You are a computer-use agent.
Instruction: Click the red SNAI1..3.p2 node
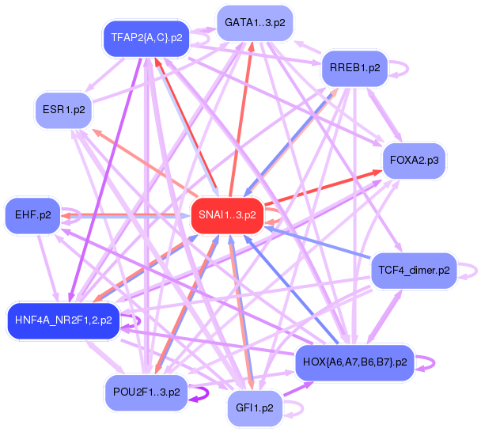pyautogui.click(x=227, y=214)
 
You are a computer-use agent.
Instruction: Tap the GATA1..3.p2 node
pyautogui.click(x=254, y=23)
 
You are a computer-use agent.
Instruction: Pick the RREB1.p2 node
pyautogui.click(x=354, y=68)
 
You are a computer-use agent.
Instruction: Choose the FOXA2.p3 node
pyautogui.click(x=415, y=161)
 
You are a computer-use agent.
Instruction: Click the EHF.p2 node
pyautogui.click(x=33, y=214)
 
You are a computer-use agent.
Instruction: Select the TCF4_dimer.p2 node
pyautogui.click(x=413, y=271)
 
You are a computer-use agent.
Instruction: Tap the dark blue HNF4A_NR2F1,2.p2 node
pyautogui.click(x=63, y=320)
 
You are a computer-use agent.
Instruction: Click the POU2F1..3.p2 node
pyautogui.click(x=146, y=392)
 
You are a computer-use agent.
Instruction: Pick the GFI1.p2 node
pyautogui.click(x=255, y=408)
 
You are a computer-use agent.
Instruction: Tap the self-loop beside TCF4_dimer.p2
pyautogui.click(x=469, y=271)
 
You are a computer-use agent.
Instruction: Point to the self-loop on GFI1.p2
pyautogui.click(x=297, y=409)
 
